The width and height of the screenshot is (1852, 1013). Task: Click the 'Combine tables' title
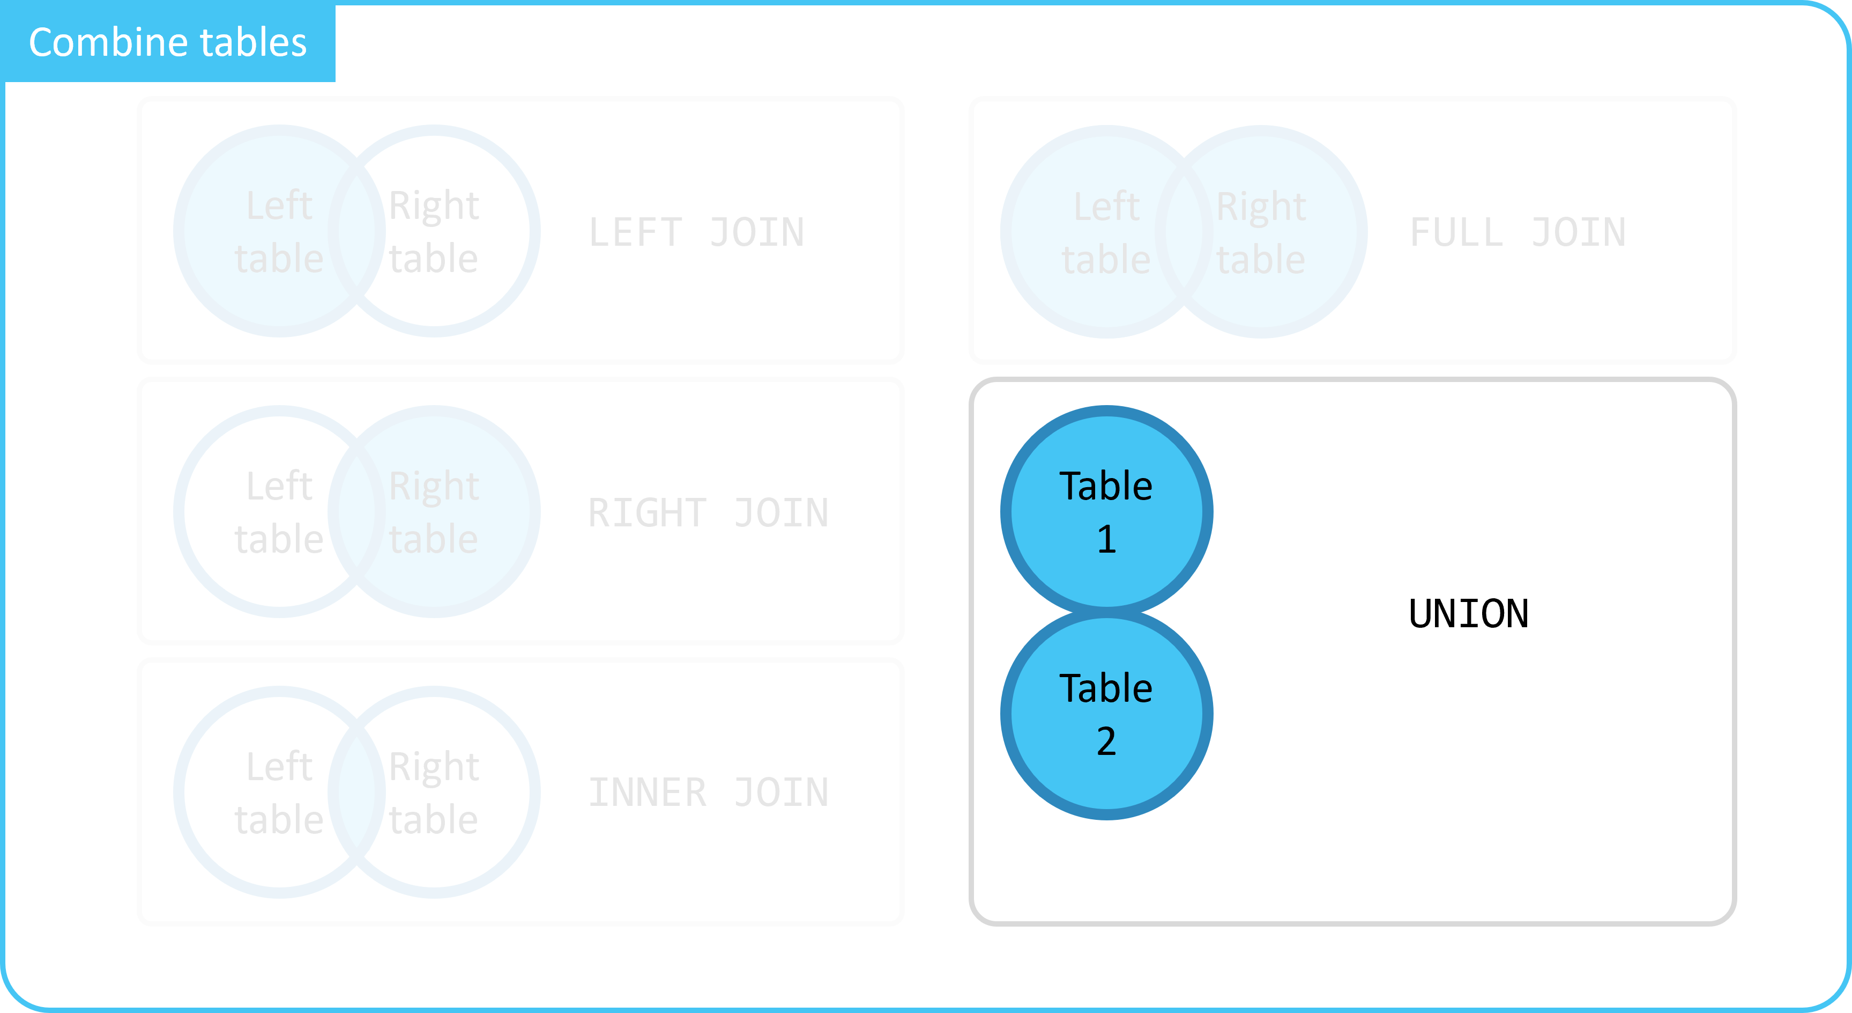click(x=168, y=42)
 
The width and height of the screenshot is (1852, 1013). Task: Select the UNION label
click(x=1469, y=614)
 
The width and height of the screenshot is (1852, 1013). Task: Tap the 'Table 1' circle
click(x=1106, y=511)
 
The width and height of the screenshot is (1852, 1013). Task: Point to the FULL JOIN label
click(x=1518, y=232)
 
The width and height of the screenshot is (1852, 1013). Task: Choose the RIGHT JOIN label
click(x=709, y=513)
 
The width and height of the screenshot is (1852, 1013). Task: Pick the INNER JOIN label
click(x=709, y=793)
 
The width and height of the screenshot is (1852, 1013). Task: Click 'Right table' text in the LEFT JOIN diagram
click(x=434, y=232)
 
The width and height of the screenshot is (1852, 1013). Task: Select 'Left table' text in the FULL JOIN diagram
click(x=1106, y=232)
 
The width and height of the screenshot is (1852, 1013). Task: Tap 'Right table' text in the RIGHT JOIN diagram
click(x=434, y=512)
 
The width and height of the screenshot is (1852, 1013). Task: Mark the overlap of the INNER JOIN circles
click(x=356, y=792)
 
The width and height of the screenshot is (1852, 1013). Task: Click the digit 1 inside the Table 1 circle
click(x=1106, y=539)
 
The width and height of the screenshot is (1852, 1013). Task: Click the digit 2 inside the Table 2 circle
click(x=1106, y=741)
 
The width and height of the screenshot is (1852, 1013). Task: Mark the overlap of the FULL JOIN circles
click(x=1184, y=232)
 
